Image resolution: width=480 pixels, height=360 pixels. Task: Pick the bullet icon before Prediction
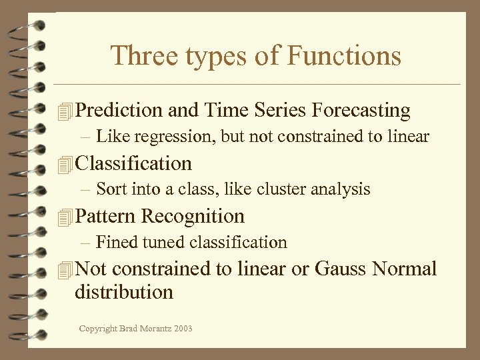click(64, 111)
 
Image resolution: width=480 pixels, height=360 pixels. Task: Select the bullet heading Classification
click(133, 163)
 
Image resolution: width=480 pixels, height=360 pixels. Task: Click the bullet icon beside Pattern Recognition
click(64, 217)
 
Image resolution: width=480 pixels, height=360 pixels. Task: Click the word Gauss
click(341, 269)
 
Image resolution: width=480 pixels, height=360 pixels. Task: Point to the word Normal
click(405, 269)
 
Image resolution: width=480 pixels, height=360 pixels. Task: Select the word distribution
click(124, 292)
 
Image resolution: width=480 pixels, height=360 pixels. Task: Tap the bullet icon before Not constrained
click(64, 270)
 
